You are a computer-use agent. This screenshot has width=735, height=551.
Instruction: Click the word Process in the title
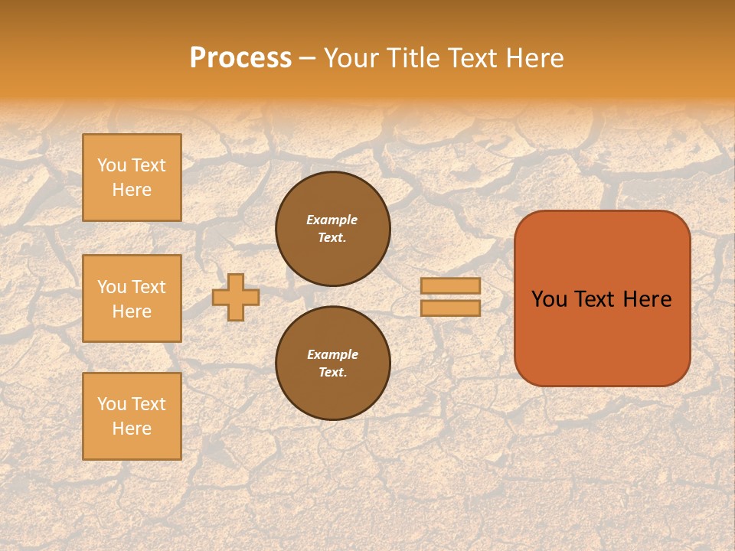240,58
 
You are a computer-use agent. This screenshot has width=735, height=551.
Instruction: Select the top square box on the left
132,178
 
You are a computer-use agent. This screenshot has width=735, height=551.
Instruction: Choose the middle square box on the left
132,298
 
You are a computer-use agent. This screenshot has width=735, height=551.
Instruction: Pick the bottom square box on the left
132,416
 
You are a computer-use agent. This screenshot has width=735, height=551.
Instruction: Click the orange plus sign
235,297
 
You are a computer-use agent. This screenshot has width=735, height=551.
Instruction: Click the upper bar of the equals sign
450,285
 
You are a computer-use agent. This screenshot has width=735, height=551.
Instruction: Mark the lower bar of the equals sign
450,308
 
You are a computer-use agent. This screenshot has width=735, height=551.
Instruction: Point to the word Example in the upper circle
332,220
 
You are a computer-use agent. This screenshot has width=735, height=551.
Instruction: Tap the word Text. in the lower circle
332,372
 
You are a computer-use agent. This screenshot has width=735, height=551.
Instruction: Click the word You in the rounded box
549,299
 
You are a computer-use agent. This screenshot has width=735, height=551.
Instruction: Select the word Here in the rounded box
647,299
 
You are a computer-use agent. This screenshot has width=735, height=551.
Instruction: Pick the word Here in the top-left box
132,190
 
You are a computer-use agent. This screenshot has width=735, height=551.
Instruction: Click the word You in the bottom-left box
112,404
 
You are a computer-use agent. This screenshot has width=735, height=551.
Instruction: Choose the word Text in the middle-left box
149,287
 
